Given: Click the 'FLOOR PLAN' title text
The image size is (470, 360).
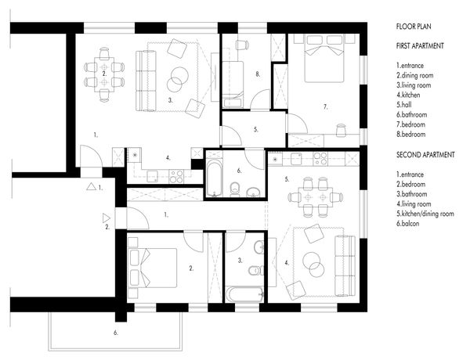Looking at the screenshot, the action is point(414,27).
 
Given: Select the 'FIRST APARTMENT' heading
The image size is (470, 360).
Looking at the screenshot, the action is point(420,46).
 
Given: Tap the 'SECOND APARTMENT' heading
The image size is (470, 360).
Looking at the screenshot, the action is point(425,155).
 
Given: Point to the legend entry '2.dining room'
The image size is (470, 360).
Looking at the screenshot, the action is point(415,75).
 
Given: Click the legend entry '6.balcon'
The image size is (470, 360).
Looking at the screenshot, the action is point(407,223).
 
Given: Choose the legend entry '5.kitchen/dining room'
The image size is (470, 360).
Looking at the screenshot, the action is point(425,214).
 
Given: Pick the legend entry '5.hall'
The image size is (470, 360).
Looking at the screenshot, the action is point(403,105).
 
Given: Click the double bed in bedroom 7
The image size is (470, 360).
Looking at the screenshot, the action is point(324,59).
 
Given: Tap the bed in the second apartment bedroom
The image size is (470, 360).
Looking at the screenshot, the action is point(153,268).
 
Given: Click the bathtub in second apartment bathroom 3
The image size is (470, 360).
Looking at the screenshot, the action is point(245,294).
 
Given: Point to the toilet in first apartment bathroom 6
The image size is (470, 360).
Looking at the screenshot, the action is point(235,189).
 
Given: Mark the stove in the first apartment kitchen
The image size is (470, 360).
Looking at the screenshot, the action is point(176,176).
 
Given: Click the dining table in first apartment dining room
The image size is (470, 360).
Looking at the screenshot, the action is point(104,74).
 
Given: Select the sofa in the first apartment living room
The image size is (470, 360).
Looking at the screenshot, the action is point(146,81).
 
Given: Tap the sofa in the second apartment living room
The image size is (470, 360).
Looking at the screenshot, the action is point(345,265).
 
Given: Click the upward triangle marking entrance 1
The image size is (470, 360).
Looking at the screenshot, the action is point(91,187).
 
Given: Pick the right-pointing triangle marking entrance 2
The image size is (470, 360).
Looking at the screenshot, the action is point(106,218).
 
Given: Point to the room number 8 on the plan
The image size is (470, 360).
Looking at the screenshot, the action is point(258,74).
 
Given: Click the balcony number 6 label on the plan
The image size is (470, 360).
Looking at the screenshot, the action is point(116,333).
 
